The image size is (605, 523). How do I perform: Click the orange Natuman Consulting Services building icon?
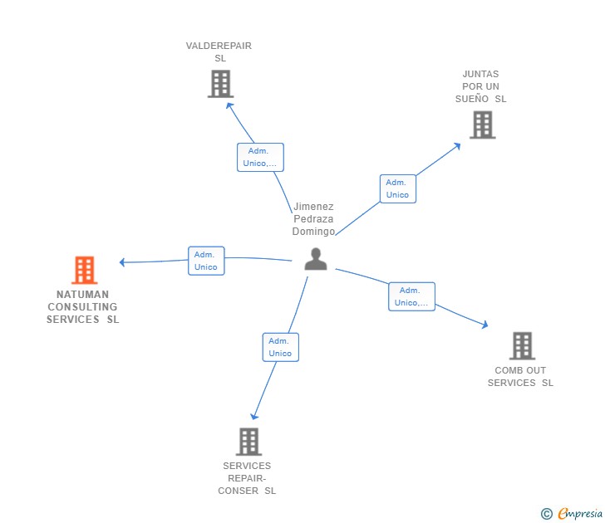pos(84,270)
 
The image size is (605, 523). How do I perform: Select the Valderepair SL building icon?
pos(220,84)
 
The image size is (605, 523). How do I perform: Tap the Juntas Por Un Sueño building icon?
pos(482,125)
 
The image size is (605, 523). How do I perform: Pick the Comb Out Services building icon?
pos(522,345)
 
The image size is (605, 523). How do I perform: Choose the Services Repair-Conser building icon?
pos(248,442)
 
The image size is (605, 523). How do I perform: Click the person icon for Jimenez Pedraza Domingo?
pos(315,259)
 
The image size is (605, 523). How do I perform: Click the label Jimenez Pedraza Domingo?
pos(313,219)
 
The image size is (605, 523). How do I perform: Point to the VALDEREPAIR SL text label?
pos(219,52)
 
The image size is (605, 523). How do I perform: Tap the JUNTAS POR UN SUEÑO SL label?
pos(480,86)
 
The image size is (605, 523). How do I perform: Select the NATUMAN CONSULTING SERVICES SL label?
pos(83,306)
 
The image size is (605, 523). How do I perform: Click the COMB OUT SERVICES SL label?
pos(520,376)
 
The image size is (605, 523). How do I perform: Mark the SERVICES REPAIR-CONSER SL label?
pos(247,478)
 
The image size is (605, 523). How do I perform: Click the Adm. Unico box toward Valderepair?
pos(260,157)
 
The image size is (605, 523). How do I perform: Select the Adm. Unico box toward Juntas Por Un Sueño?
pos(397,188)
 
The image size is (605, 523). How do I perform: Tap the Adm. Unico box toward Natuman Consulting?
pos(206,261)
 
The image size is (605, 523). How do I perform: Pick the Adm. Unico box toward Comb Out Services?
pos(411,296)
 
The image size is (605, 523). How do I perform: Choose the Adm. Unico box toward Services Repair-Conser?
pos(280,347)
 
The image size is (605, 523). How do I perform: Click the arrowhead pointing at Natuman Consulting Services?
pos(123,262)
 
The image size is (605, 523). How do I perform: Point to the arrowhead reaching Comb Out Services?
pos(484,325)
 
